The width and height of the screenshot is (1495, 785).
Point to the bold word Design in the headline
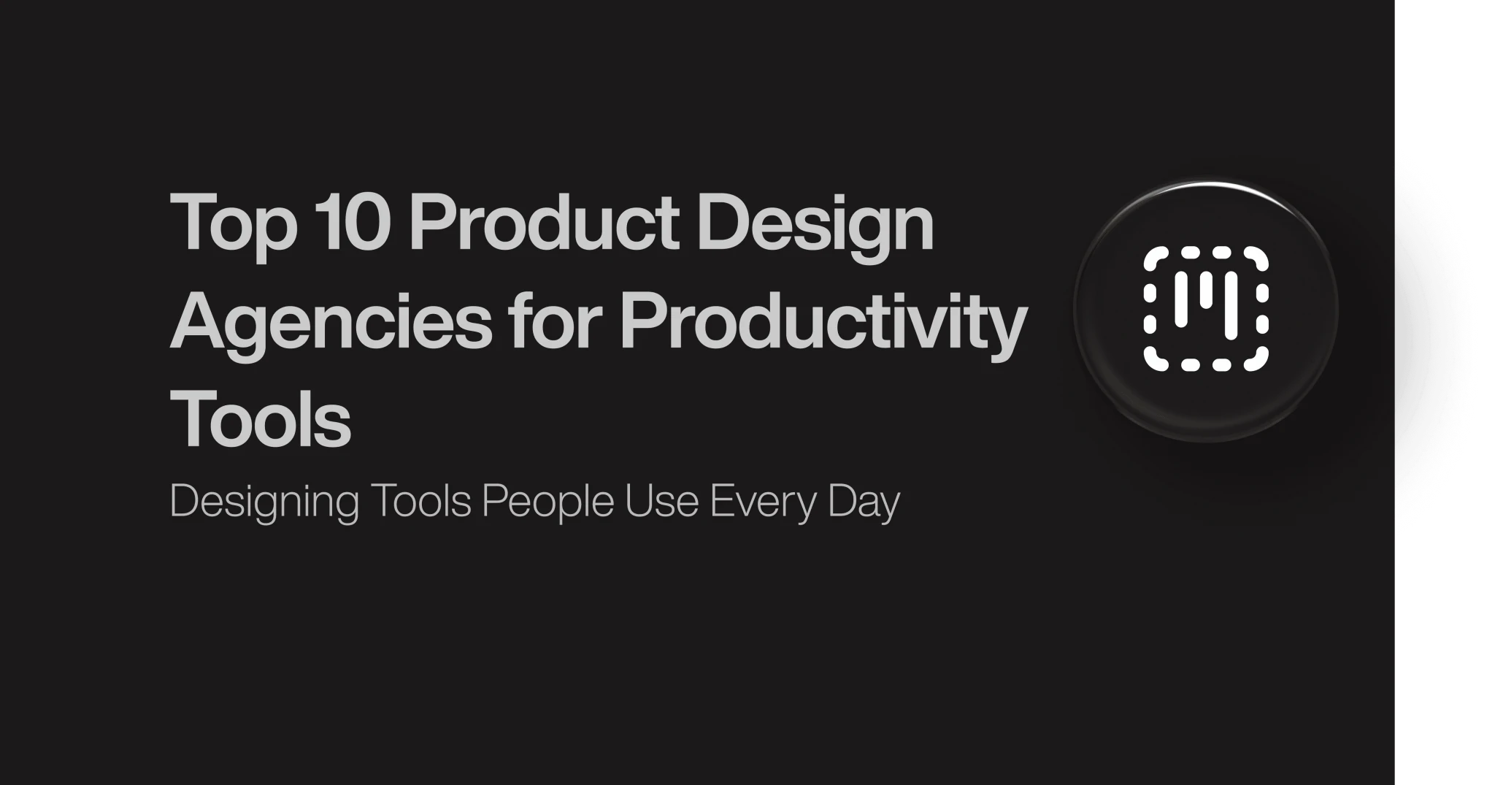coord(815,226)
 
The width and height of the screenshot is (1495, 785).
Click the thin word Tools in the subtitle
coord(421,501)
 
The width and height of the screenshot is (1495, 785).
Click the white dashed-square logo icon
coord(1206,309)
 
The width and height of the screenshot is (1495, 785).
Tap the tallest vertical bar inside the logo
coord(1231,307)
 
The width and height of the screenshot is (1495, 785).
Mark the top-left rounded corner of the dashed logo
coord(1153,257)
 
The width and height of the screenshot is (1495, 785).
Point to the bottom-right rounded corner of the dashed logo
coord(1258,361)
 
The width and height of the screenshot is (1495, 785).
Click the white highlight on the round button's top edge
coord(1206,185)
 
